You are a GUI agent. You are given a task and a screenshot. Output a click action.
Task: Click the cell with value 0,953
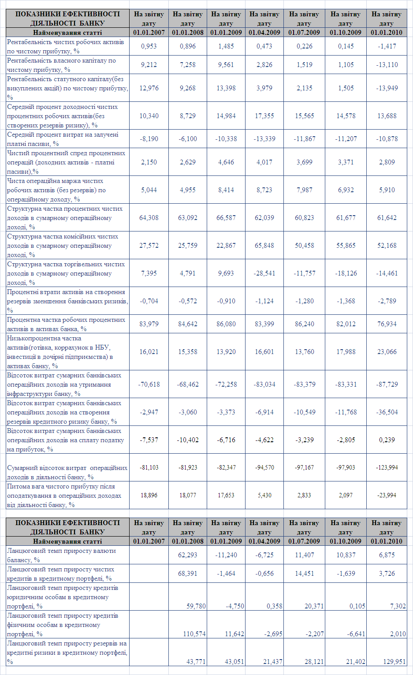149,46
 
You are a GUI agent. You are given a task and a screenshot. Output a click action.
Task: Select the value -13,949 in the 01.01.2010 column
387,88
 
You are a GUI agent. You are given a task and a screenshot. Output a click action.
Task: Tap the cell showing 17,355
264,116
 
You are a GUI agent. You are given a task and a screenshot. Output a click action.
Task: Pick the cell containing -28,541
264,273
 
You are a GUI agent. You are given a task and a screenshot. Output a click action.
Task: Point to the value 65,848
264,246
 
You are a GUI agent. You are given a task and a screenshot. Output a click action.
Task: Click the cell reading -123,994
387,467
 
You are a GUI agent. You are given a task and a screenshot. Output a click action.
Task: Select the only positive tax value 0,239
387,440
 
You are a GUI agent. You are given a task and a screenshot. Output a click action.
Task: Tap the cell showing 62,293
187,555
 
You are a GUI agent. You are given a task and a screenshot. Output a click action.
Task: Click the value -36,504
387,412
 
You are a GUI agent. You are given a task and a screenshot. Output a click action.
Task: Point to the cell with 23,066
387,352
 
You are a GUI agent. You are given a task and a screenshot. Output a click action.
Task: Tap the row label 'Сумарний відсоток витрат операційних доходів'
67,472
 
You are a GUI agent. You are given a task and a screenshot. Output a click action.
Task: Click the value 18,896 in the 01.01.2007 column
149,496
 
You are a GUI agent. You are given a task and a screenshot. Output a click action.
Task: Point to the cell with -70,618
149,384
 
